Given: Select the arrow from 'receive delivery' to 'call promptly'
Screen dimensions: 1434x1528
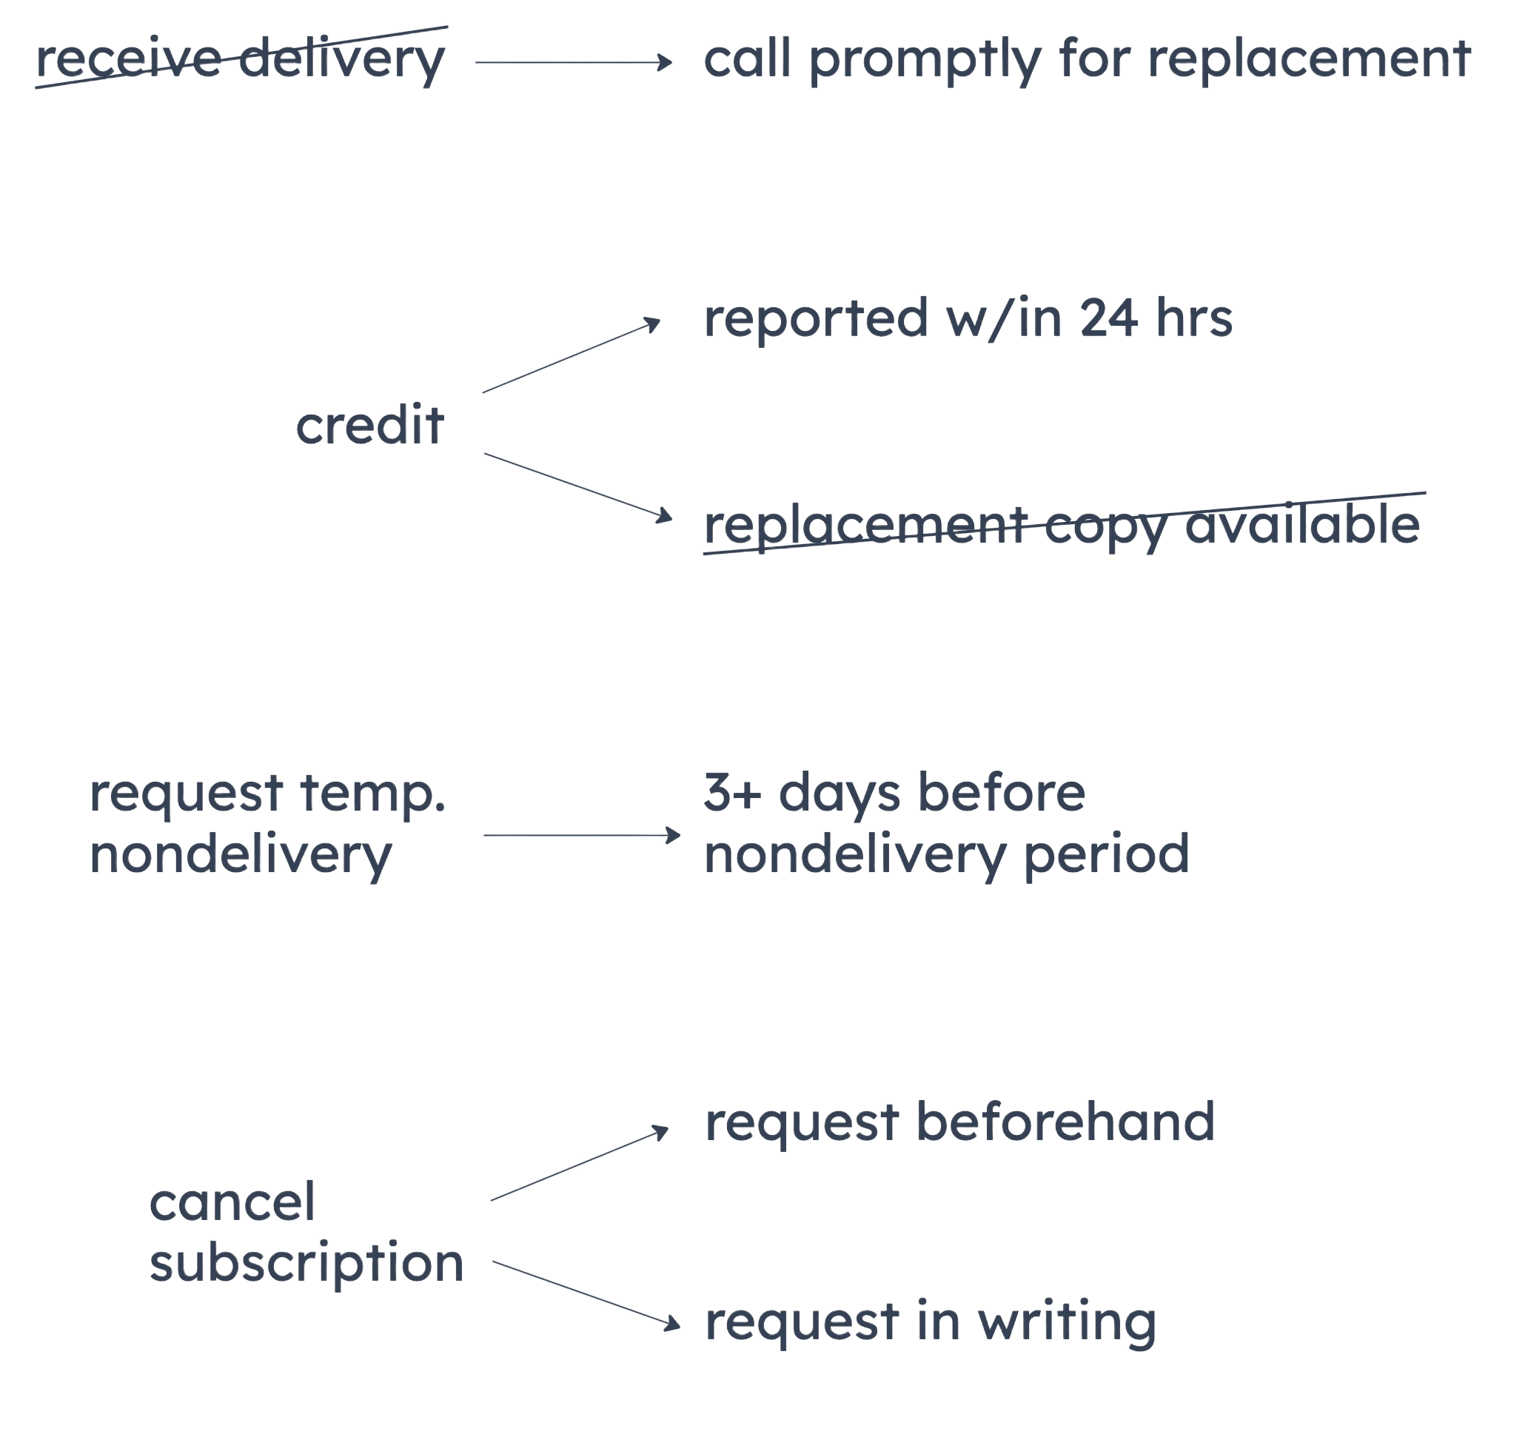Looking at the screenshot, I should pyautogui.click(x=572, y=61).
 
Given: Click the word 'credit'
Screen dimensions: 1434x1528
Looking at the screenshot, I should pyautogui.click(x=369, y=425).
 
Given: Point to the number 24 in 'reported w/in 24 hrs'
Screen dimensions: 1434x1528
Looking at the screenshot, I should pyautogui.click(x=1108, y=318).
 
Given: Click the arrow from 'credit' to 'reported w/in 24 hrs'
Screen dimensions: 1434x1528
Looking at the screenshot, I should pyautogui.click(x=570, y=358).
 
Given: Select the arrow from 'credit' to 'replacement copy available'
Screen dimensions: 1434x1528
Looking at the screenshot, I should pyautogui.click(x=577, y=486).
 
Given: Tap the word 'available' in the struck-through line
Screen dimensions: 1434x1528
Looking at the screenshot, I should pyautogui.click(x=1301, y=525).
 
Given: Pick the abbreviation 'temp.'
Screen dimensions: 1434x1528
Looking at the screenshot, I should pyautogui.click(x=373, y=794).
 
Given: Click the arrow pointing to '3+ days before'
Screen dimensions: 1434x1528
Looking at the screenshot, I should pyautogui.click(x=580, y=834).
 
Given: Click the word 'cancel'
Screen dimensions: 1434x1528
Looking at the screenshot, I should pyautogui.click(x=232, y=1203).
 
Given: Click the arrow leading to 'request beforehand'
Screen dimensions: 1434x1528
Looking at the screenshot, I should pyautogui.click(x=579, y=1165).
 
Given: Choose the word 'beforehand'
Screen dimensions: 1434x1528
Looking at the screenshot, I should pyautogui.click(x=1066, y=1122).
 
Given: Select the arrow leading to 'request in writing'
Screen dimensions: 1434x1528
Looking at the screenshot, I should pyautogui.click(x=585, y=1293).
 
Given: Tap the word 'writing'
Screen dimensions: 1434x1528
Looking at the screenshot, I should pyautogui.click(x=1067, y=1322).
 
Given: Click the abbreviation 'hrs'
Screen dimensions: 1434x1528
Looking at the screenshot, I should pyautogui.click(x=1194, y=318).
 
